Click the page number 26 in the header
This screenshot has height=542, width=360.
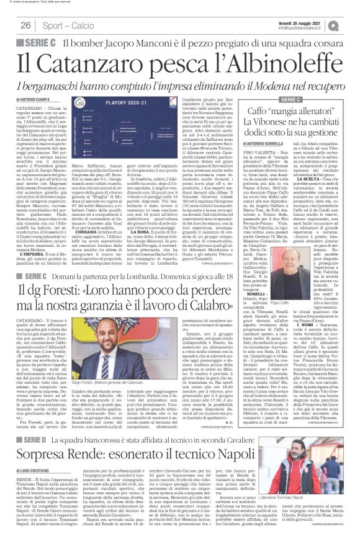[26, 25]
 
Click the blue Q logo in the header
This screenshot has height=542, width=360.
[351, 25]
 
